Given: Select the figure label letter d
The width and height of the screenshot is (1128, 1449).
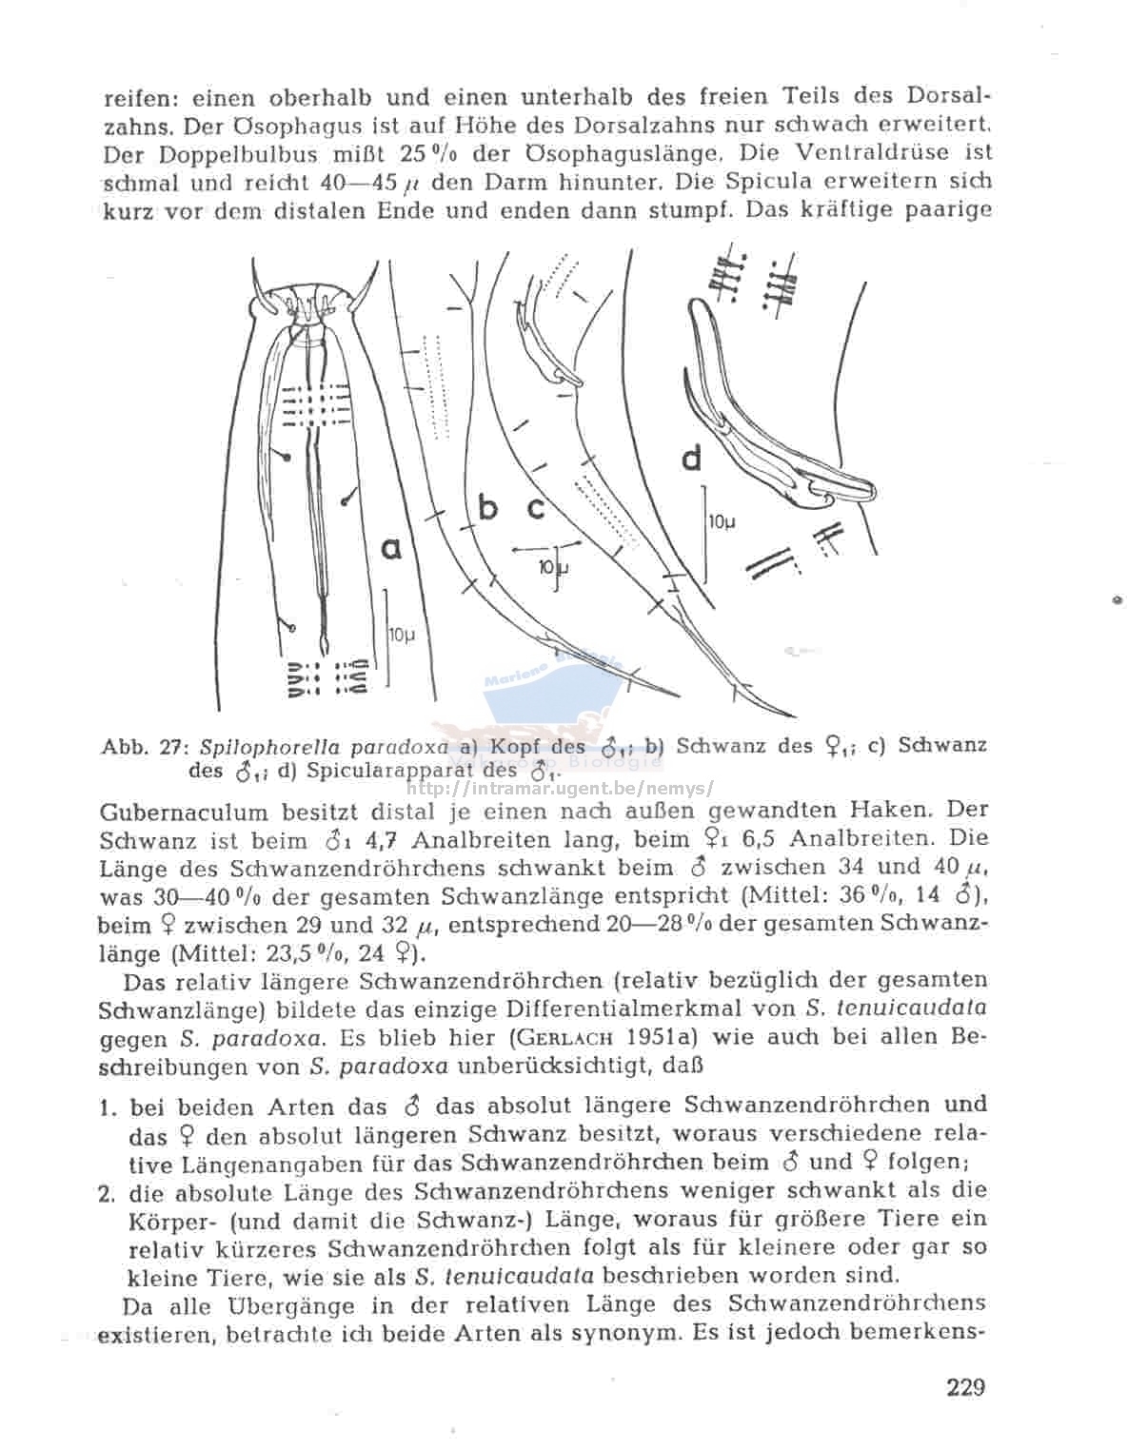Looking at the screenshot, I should (x=692, y=459).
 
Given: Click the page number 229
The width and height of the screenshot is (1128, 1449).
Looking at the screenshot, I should (x=965, y=1386).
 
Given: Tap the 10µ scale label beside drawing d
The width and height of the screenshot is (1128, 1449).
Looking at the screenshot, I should (x=722, y=521).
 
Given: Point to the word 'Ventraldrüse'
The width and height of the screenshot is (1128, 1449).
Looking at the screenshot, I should (x=857, y=151).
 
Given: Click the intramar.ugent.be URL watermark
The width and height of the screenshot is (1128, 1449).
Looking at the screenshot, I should (x=560, y=788).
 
